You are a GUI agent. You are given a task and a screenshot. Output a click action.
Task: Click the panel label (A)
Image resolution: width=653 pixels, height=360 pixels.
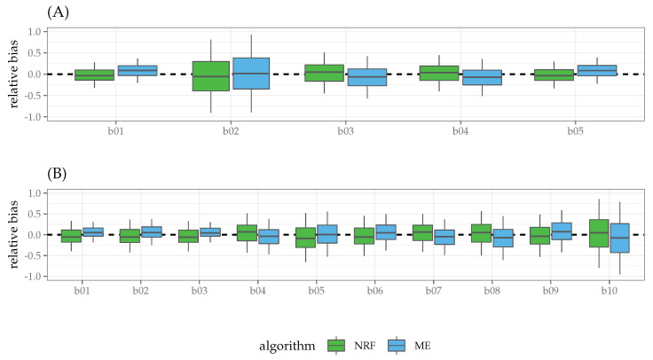pyautogui.click(x=19, y=12)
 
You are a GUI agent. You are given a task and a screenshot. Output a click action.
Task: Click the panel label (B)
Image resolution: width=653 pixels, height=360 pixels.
pyautogui.click(x=19, y=173)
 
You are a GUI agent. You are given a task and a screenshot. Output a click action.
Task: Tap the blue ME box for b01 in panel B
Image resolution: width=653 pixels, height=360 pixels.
pyautogui.click(x=93, y=232)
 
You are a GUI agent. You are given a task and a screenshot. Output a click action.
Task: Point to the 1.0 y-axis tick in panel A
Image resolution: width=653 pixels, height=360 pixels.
pyautogui.click(x=34, y=32)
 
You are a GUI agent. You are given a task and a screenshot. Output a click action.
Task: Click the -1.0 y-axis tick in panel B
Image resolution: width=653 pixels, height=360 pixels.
pyautogui.click(x=32, y=277)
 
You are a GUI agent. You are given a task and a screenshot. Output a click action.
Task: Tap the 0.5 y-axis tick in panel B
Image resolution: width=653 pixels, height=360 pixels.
pyautogui.click(x=34, y=214)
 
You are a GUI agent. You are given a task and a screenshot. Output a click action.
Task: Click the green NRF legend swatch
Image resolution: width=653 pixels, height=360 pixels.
pyautogui.click(x=335, y=344)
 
